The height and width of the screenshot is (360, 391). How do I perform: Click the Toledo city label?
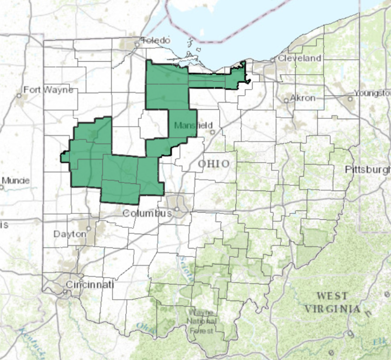(156, 41)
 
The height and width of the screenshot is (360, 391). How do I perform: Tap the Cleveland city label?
(300, 58)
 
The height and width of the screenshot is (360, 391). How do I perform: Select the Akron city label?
(303, 98)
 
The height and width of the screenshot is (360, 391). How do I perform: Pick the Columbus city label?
(147, 214)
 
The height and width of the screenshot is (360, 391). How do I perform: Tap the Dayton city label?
(70, 234)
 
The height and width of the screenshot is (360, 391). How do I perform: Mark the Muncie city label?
(15, 180)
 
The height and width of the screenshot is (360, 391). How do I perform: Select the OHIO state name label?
(214, 164)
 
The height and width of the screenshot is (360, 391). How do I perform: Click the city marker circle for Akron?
(286, 100)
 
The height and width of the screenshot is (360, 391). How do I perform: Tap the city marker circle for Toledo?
(137, 44)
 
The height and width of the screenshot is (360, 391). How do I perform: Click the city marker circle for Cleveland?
(272, 60)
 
